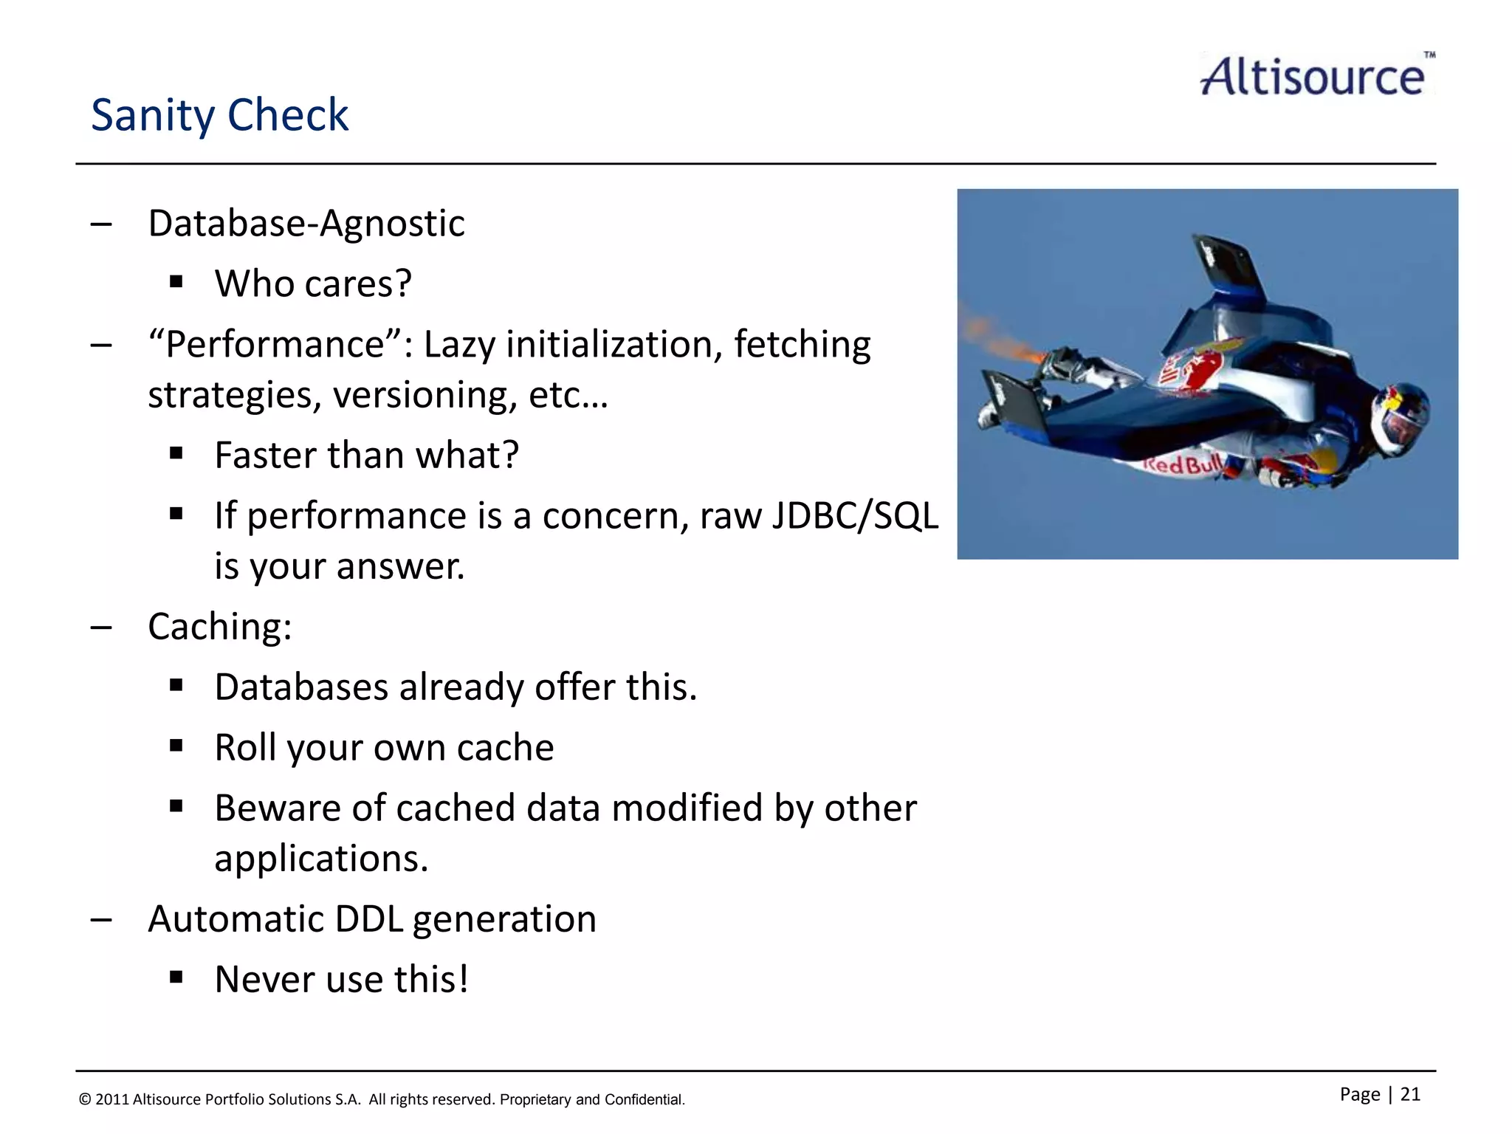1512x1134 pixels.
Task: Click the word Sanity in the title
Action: pyautogui.click(x=152, y=116)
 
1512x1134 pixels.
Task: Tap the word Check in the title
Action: pyautogui.click(x=288, y=116)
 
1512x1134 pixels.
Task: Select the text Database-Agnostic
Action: pyautogui.click(x=306, y=223)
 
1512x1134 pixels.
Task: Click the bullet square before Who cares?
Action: pyautogui.click(x=176, y=282)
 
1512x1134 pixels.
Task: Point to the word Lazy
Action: pyautogui.click(x=458, y=345)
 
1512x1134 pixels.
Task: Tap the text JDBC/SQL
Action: pyautogui.click(x=855, y=515)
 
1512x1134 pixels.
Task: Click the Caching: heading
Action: pyautogui.click(x=219, y=627)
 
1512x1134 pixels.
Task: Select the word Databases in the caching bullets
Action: pyautogui.click(x=300, y=687)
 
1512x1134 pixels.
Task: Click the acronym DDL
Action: pyautogui.click(x=368, y=919)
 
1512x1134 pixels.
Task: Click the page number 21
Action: pyautogui.click(x=1409, y=1094)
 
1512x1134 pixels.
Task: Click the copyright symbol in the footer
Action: pyautogui.click(x=85, y=1099)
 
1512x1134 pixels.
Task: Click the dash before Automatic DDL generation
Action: pyautogui.click(x=101, y=920)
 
